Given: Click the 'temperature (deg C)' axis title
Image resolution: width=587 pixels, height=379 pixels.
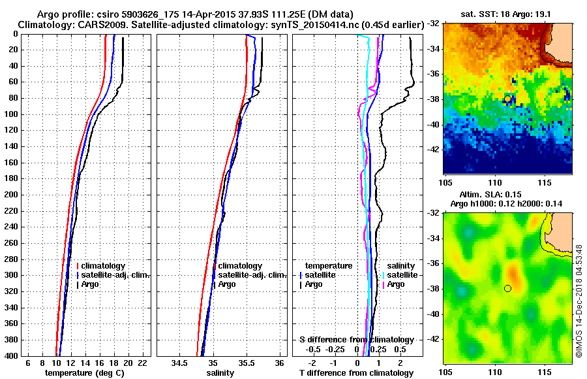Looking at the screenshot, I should click(x=84, y=372).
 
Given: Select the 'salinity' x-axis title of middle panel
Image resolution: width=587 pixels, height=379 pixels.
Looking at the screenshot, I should click(x=220, y=372).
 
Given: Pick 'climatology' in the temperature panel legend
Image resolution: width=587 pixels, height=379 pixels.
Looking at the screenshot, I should click(x=104, y=266).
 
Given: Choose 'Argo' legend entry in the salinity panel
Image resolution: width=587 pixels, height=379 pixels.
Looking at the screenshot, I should click(x=228, y=284).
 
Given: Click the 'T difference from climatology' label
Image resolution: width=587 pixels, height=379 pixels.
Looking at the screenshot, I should click(x=356, y=372).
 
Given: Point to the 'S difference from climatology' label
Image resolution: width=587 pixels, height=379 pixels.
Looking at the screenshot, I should click(x=356, y=340).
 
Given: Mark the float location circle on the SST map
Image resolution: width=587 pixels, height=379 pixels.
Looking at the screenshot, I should click(x=507, y=99).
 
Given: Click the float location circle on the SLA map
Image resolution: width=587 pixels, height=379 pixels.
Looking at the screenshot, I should click(x=507, y=288).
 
